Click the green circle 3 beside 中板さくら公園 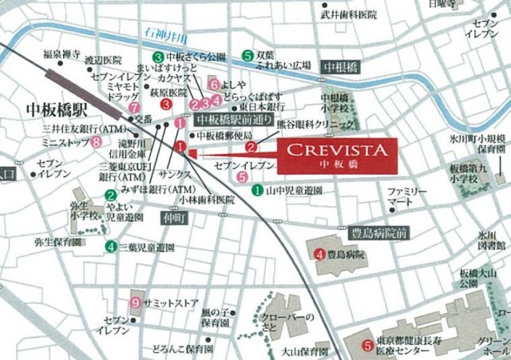(x=158, y=57)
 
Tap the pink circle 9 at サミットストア (x=136, y=303)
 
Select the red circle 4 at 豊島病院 (x=319, y=255)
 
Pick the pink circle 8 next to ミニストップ (x=97, y=142)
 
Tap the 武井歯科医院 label (x=348, y=14)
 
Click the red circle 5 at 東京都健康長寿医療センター (x=366, y=346)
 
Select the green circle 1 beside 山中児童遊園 (x=257, y=190)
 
